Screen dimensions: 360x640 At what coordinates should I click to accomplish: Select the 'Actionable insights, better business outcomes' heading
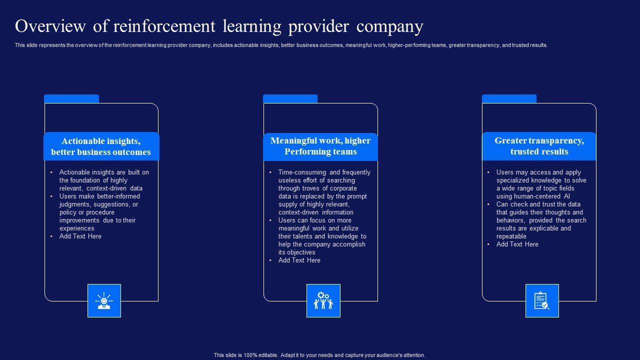coord(101,146)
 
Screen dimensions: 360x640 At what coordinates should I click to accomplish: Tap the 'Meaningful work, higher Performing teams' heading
coord(320,146)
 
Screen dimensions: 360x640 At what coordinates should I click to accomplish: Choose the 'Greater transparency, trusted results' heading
coord(539,146)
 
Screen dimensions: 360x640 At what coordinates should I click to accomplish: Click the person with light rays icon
coord(104,300)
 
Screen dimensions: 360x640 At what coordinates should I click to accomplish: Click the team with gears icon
coord(323,300)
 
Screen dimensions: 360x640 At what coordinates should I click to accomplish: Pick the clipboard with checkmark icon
coord(541,300)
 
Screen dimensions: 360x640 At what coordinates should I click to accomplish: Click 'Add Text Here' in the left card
coord(80,236)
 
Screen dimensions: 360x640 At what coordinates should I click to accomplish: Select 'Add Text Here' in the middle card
coord(299,260)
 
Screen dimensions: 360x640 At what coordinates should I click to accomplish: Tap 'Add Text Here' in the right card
coord(517,244)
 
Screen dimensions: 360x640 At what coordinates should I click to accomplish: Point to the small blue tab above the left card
coord(71,98)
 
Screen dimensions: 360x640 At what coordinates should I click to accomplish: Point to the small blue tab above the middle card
coord(290,98)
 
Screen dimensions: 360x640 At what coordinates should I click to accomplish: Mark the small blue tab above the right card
coord(509,98)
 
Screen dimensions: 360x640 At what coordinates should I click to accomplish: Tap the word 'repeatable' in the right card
coord(511,236)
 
